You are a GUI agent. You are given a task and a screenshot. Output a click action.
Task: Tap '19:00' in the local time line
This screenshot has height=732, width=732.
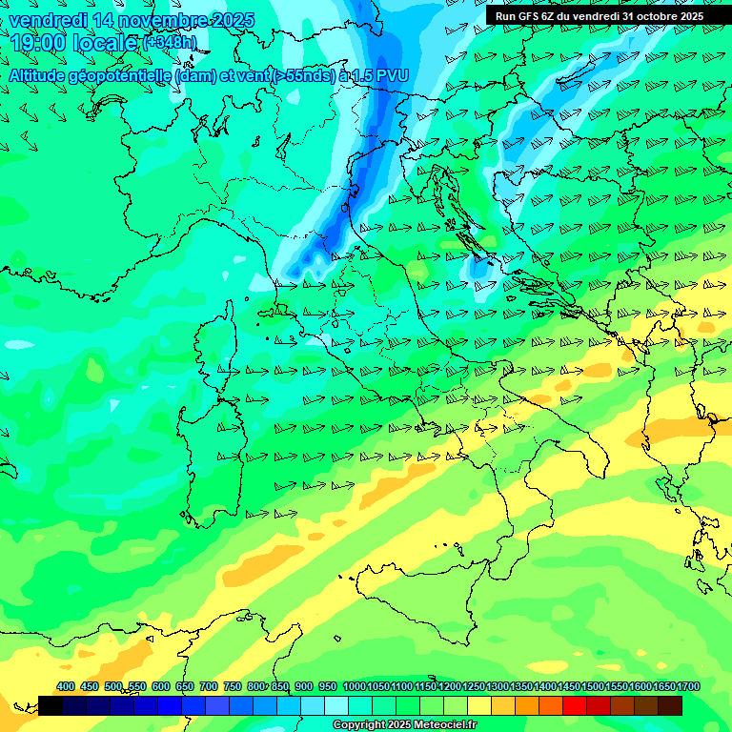36,42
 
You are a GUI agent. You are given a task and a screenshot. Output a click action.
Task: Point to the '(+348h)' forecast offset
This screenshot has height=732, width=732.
169,42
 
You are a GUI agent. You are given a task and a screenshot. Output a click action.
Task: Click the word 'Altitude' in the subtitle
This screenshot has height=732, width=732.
42,74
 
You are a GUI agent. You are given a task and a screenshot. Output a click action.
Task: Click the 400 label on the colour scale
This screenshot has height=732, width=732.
66,686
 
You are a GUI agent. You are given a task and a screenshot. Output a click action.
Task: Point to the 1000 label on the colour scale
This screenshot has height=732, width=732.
354,686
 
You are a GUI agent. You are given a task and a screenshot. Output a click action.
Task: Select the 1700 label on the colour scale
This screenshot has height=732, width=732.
688,686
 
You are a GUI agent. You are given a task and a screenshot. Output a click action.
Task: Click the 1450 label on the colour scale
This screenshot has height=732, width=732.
569,686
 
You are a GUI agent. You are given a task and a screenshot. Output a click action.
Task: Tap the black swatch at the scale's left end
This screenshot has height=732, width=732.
51,705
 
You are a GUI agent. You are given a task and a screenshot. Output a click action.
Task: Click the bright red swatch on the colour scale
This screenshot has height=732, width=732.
575,705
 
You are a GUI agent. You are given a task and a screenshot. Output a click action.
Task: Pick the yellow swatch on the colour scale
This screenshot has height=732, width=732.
479,705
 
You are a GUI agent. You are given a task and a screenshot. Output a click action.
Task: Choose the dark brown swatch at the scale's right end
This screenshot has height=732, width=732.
670,705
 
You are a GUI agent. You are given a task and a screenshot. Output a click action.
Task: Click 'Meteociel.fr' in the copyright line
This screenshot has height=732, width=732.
442,725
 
